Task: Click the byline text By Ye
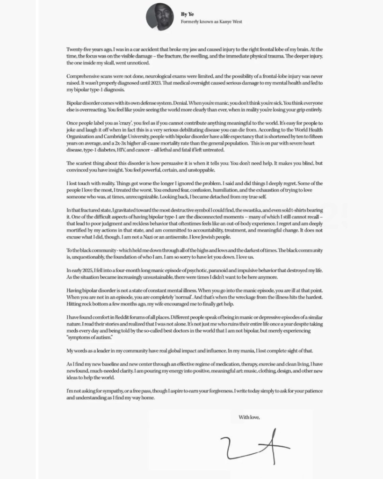tap(187, 14)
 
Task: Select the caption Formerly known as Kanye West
tap(211, 22)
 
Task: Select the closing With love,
tap(249, 417)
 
